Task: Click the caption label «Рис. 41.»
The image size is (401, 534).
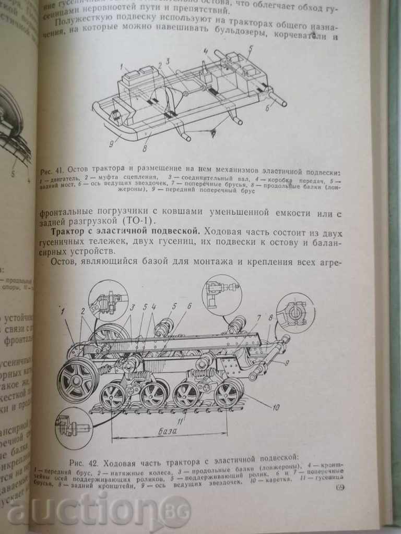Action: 51,171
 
